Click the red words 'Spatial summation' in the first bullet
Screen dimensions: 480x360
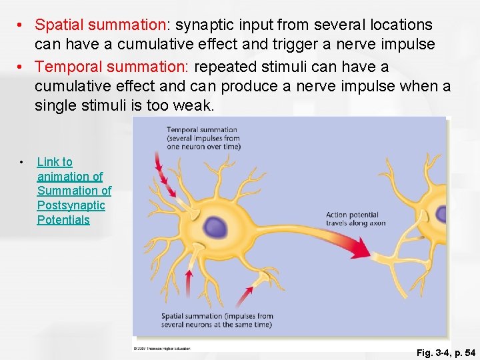[101, 25]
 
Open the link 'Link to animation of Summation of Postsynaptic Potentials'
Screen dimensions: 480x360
[74, 191]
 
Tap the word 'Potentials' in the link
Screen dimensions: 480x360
[63, 220]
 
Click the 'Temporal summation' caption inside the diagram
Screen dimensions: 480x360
[202, 138]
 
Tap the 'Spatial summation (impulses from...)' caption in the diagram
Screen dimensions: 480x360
[217, 320]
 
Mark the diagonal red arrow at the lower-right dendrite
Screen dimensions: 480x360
[246, 296]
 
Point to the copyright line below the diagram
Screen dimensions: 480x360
[161, 348]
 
